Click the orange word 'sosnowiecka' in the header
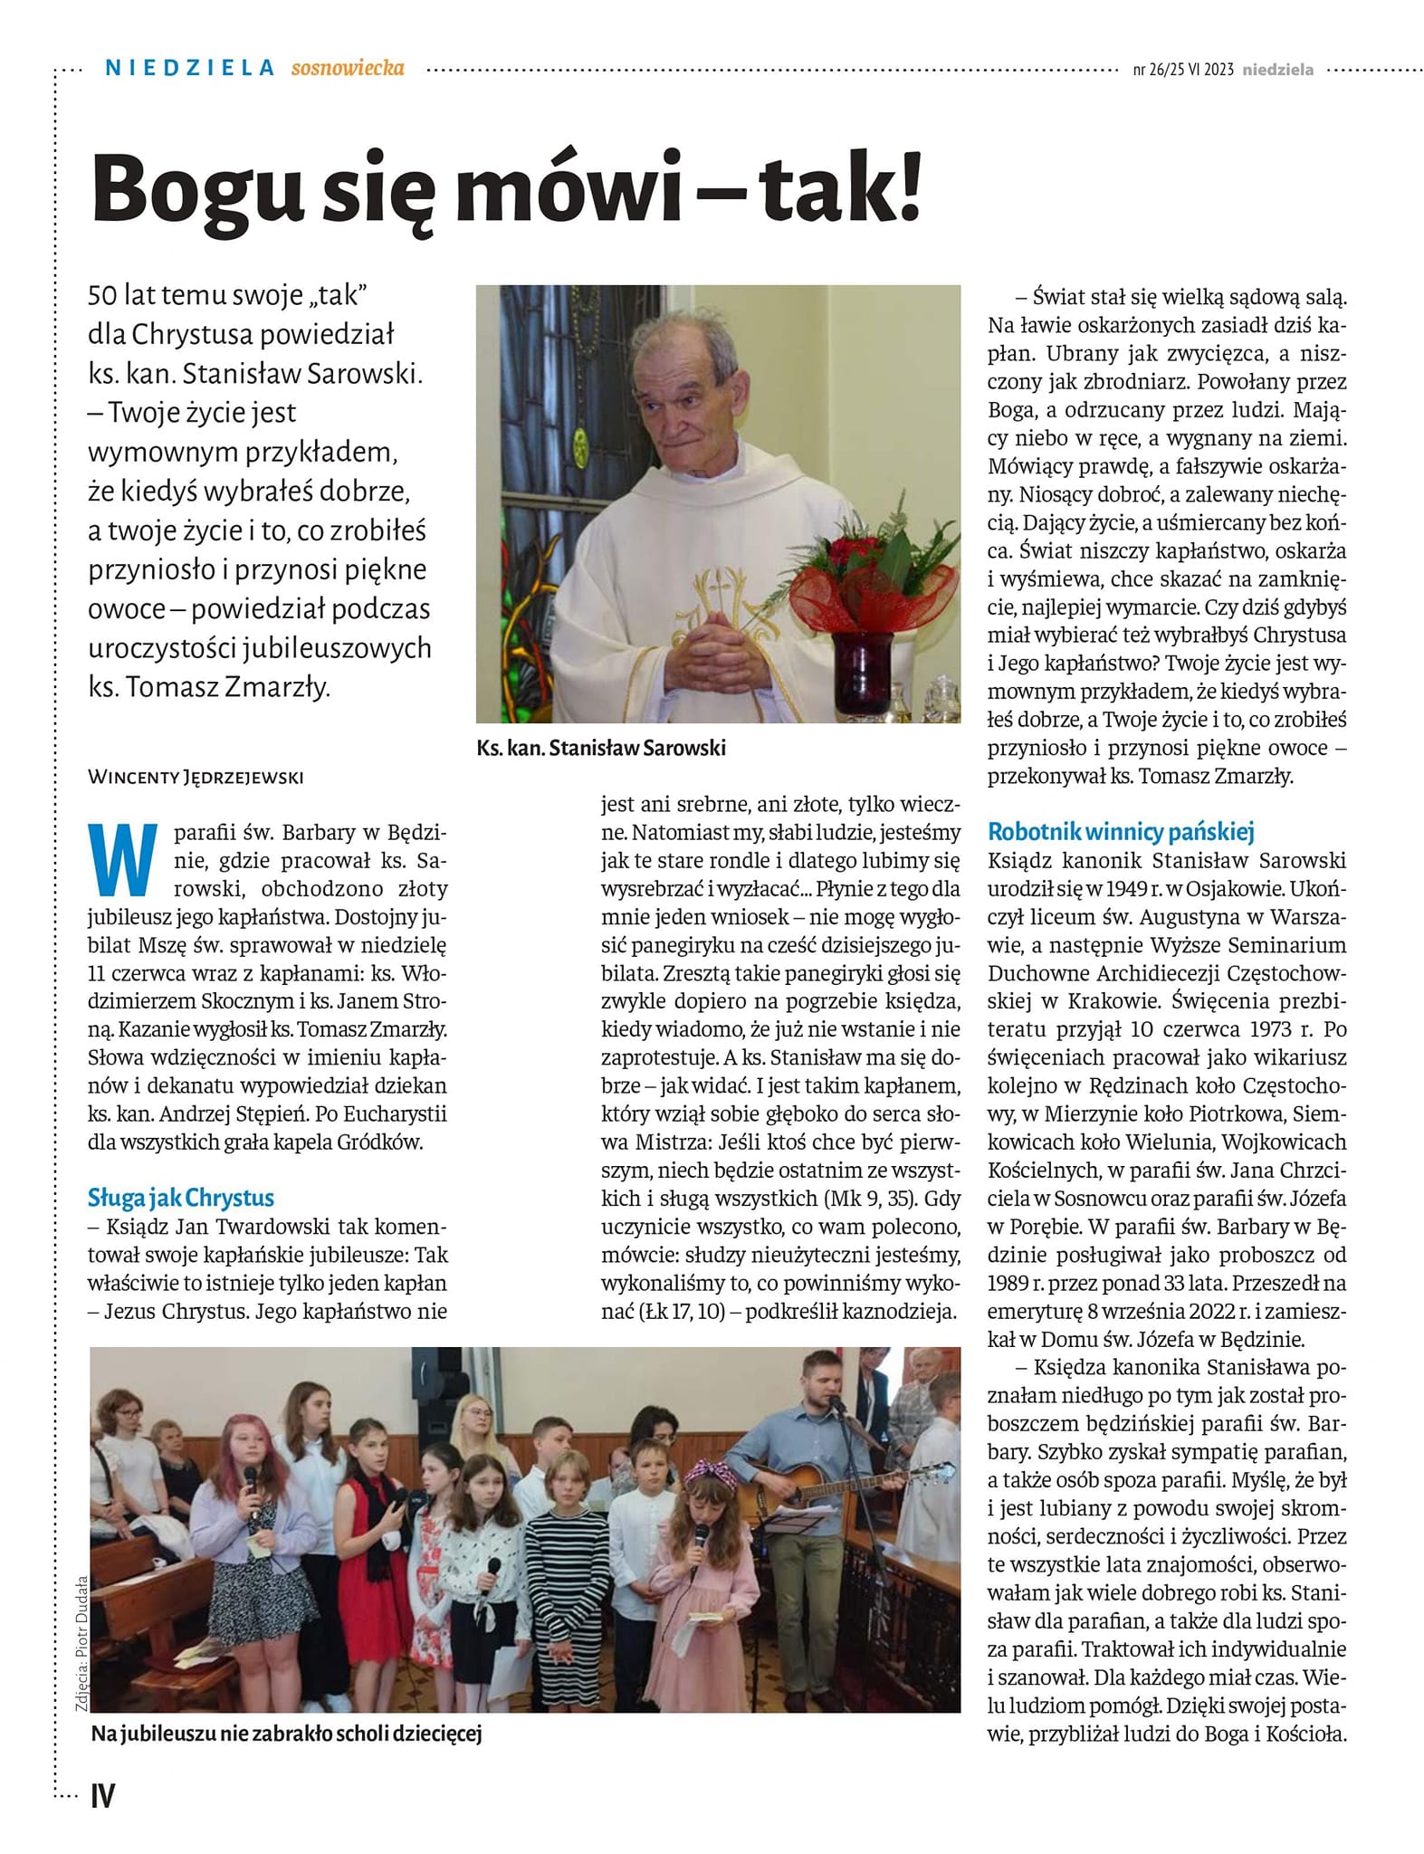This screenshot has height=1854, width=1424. (x=348, y=68)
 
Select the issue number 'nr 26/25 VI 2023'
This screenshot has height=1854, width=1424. (x=1182, y=70)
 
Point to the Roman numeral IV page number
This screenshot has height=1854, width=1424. (x=103, y=1796)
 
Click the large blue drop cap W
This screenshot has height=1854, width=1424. (x=120, y=858)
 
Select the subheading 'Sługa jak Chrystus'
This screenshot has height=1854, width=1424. (x=181, y=1198)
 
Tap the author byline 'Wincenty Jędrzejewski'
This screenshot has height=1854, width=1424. (x=196, y=777)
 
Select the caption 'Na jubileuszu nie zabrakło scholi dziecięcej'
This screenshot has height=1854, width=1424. (x=286, y=1734)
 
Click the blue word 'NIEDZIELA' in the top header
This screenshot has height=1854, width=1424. (x=189, y=68)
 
